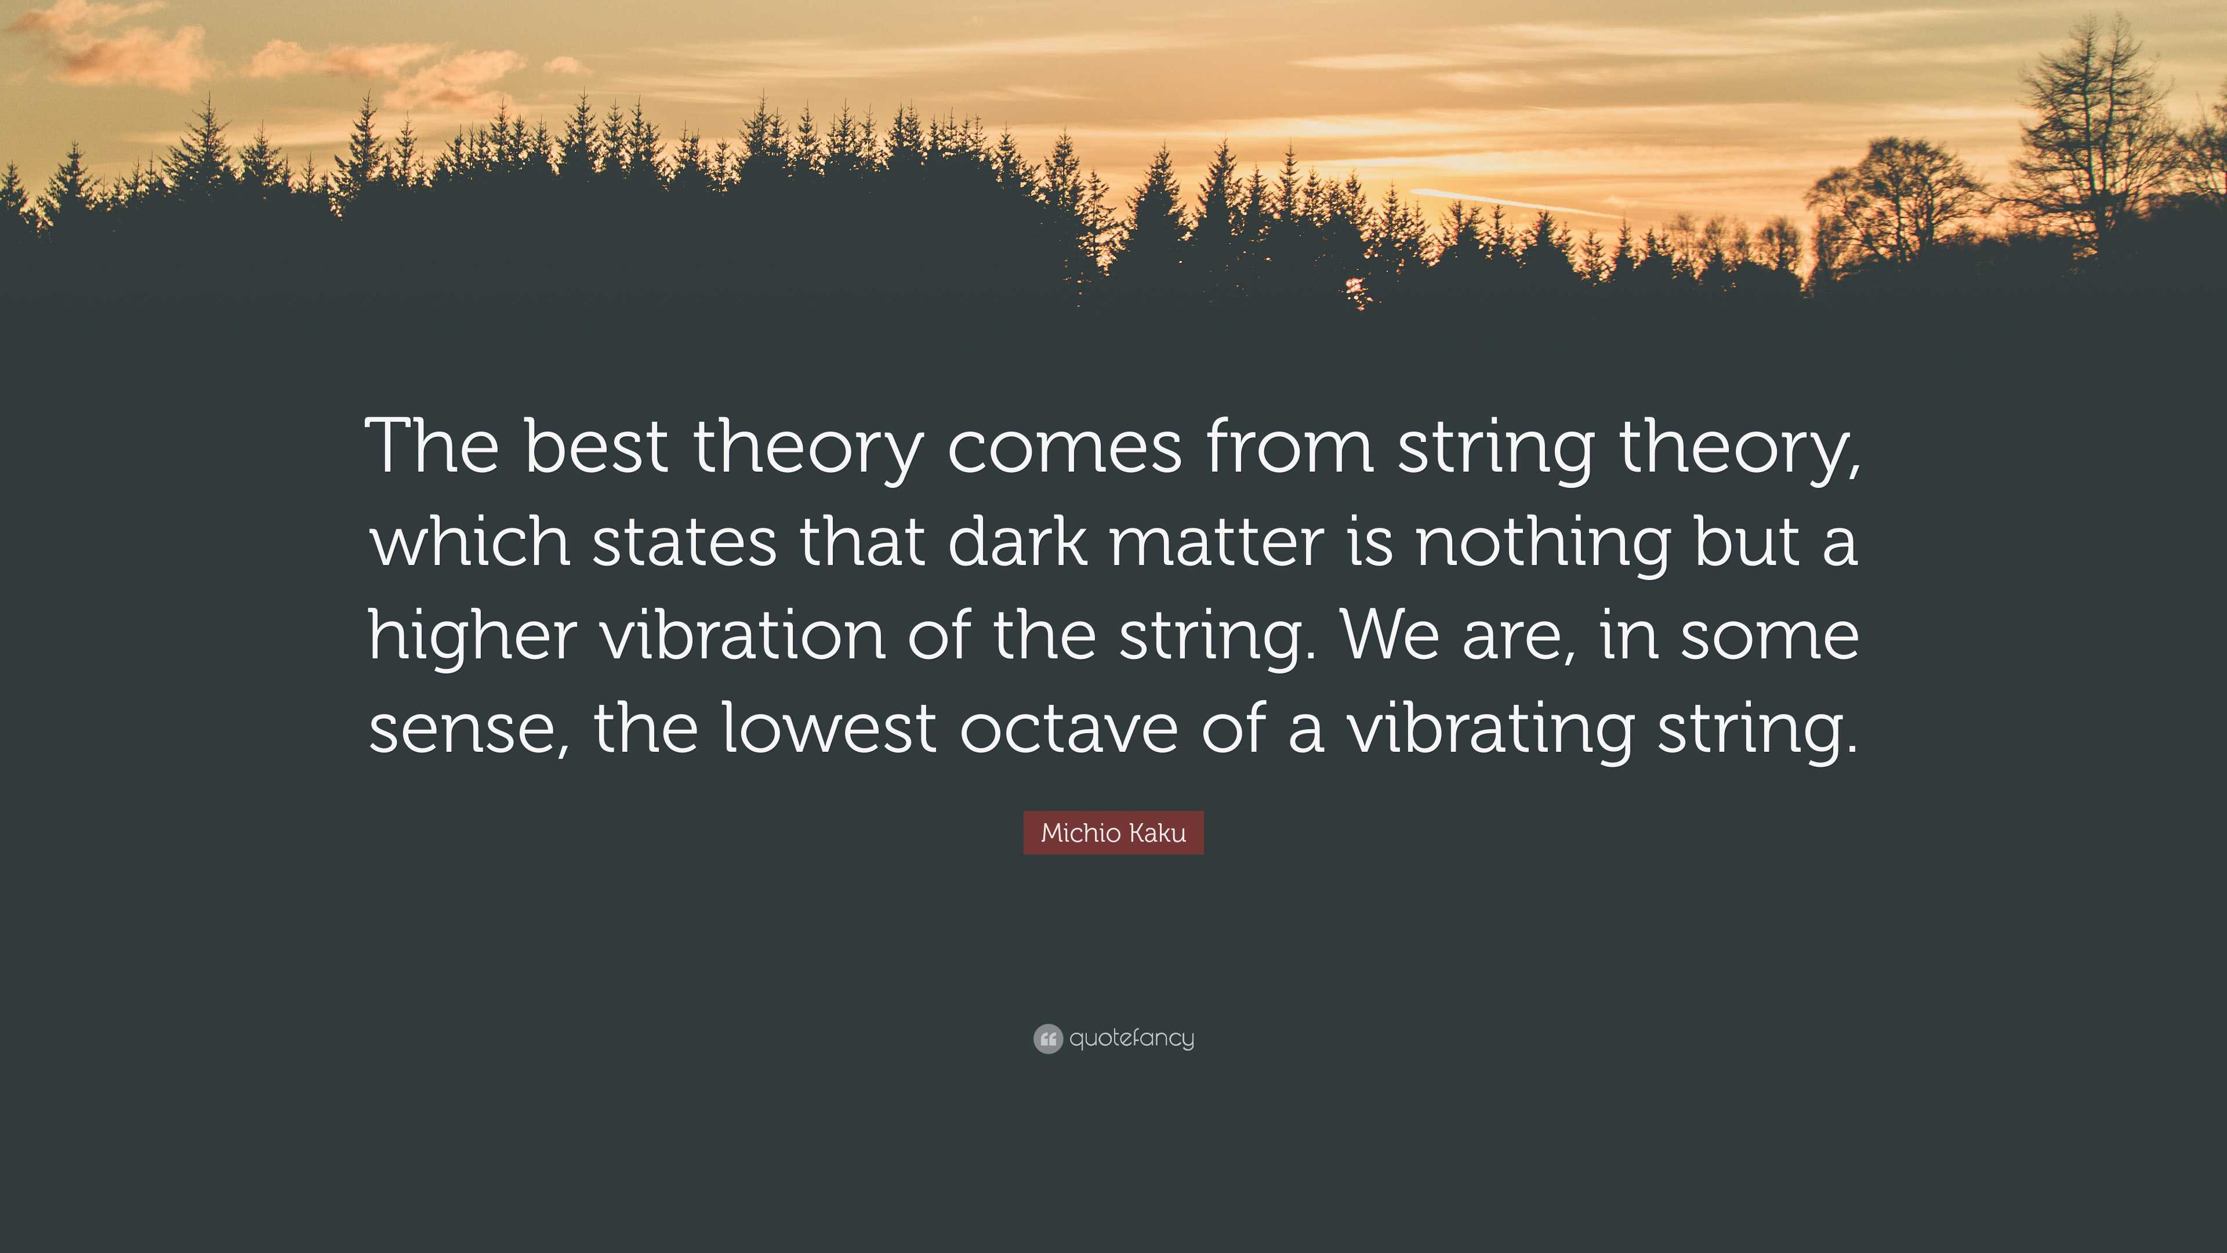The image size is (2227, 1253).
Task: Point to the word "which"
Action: point(469,539)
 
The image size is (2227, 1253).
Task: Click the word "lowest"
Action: point(829,726)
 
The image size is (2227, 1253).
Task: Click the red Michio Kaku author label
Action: point(1113,833)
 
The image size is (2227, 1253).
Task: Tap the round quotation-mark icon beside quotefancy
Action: point(1048,1038)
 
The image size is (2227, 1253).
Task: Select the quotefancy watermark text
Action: point(1131,1038)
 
